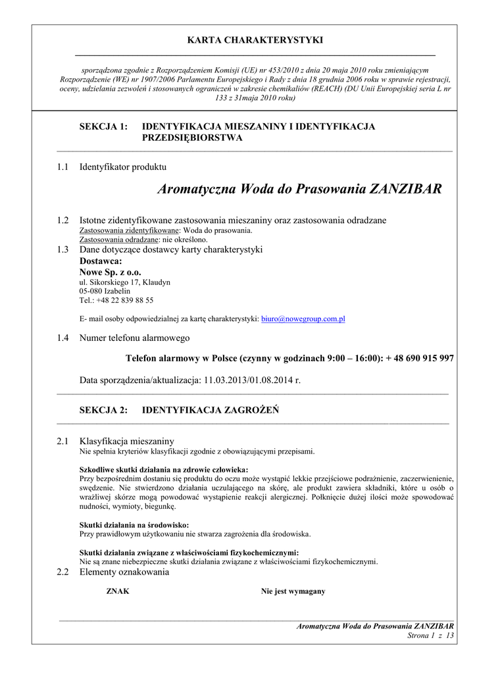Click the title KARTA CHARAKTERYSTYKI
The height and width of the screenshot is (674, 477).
[255, 40]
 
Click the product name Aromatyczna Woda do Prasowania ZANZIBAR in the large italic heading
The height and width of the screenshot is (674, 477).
[300, 190]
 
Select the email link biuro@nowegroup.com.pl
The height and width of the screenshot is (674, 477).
[303, 319]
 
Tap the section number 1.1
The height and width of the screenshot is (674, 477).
[63, 167]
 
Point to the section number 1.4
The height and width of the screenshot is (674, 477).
[63, 338]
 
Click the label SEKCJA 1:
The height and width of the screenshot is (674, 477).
[103, 126]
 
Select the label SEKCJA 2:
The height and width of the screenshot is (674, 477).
[103, 410]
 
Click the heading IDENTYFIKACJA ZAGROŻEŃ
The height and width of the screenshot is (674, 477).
[211, 410]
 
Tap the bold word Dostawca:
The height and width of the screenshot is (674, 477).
[101, 261]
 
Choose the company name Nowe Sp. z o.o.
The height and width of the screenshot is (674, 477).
[110, 272]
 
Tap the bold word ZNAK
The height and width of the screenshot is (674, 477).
[118, 591]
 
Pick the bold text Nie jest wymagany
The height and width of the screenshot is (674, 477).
[293, 591]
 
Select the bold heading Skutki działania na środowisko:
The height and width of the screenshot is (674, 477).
[134, 525]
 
